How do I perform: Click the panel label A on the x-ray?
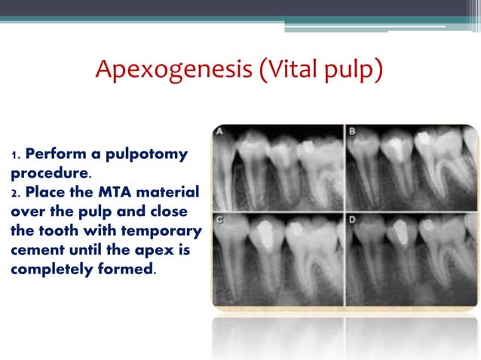[x=219, y=133]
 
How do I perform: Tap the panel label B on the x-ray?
[x=353, y=133]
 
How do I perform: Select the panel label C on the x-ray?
[x=219, y=221]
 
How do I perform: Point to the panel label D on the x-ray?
[x=353, y=221]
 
